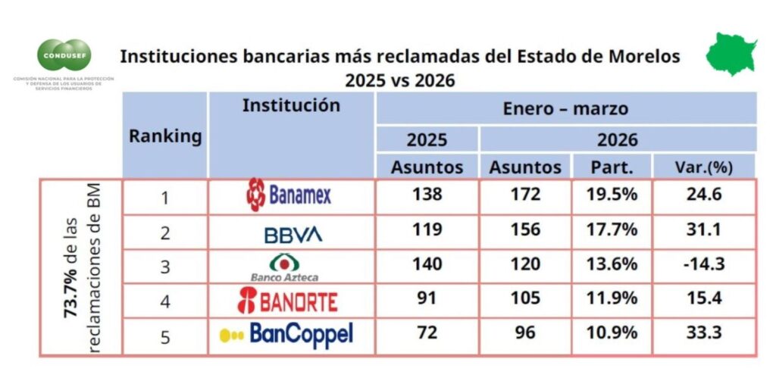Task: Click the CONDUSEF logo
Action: coord(64,55)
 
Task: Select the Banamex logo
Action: coord(289,195)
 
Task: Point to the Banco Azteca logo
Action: coord(284,267)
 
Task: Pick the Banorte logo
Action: coord(288,300)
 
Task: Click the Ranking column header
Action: coord(164,136)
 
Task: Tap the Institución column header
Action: coord(291,105)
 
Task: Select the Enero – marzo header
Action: coord(565,108)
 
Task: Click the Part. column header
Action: coord(611,167)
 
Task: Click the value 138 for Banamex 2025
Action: coord(427,195)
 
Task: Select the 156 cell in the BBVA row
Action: coord(525,230)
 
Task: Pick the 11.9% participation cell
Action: coord(611,298)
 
